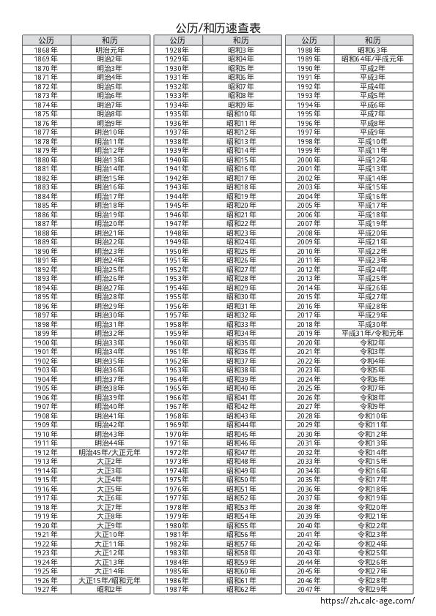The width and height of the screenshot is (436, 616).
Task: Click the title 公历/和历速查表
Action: (218, 28)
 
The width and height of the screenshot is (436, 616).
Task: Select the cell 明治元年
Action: (109, 50)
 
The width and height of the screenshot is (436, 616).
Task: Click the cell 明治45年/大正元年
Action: (109, 452)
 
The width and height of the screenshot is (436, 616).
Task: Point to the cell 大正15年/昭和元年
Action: (109, 580)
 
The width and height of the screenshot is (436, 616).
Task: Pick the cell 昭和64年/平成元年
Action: (372, 59)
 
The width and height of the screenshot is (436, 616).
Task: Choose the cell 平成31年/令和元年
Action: (372, 334)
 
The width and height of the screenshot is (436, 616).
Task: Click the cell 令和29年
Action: (372, 589)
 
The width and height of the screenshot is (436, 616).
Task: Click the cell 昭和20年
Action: (241, 206)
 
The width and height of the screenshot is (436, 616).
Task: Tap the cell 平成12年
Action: (372, 159)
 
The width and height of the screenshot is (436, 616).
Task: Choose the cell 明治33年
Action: (109, 342)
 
